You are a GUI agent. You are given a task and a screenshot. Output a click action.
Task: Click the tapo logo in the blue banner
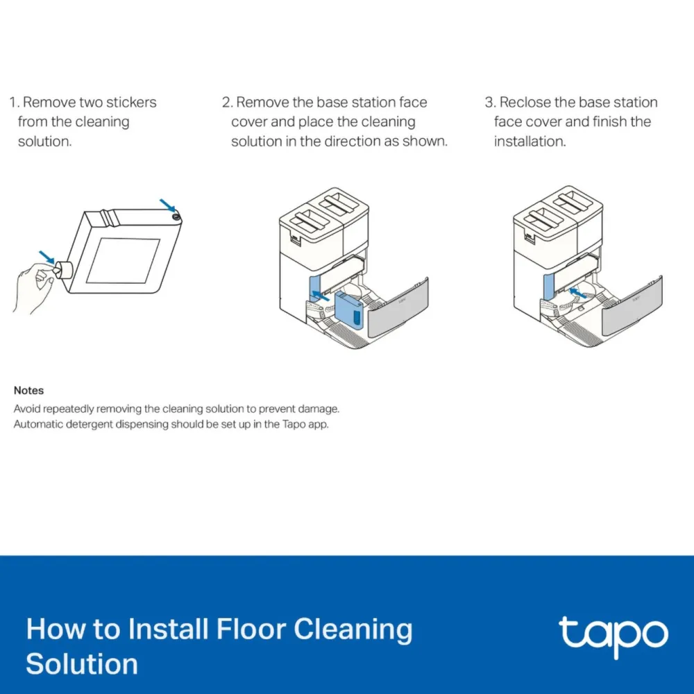[x=613, y=635]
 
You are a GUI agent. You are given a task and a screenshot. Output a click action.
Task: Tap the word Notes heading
[x=28, y=390]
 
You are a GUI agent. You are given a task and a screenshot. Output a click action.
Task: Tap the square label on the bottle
[x=123, y=261]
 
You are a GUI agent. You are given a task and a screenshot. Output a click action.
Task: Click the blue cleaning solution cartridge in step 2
[x=349, y=311]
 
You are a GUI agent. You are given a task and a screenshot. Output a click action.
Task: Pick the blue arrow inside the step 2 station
[x=321, y=296]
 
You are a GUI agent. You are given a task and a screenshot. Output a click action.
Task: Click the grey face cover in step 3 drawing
[x=632, y=306]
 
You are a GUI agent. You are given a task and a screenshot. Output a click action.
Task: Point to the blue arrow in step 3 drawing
[x=577, y=293]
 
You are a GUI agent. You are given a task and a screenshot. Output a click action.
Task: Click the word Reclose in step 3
[x=525, y=102]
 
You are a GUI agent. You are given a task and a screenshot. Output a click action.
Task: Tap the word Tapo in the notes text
[x=294, y=425]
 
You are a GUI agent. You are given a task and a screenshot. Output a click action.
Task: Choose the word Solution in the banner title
[x=82, y=664]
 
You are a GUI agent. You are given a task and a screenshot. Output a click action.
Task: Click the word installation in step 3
[x=530, y=141]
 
